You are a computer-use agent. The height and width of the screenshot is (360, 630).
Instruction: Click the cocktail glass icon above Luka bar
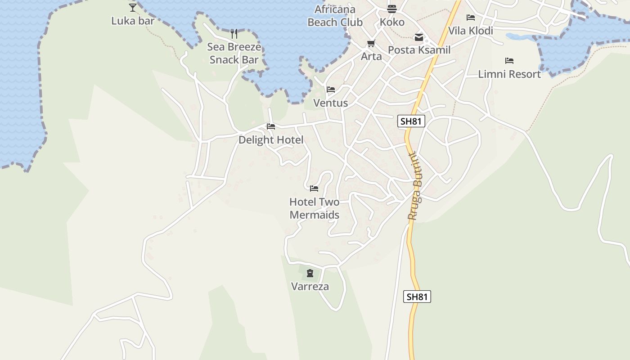pyautogui.click(x=133, y=7)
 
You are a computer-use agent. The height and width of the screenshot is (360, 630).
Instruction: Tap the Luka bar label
pyautogui.click(x=133, y=21)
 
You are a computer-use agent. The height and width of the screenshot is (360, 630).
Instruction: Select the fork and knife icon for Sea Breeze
pyautogui.click(x=234, y=34)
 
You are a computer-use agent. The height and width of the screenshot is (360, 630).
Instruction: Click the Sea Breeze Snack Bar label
pyautogui.click(x=234, y=53)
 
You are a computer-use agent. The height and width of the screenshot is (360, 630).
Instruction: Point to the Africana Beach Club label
pyautogui.click(x=335, y=16)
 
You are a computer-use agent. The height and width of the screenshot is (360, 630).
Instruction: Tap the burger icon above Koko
pyautogui.click(x=392, y=9)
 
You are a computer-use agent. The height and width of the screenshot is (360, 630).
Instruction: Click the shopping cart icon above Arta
pyautogui.click(x=371, y=44)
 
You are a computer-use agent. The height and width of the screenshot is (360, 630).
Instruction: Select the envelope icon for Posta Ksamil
pyautogui.click(x=419, y=37)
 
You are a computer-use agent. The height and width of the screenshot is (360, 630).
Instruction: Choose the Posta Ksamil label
pyautogui.click(x=419, y=50)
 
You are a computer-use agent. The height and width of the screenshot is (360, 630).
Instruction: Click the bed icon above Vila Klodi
pyautogui.click(x=471, y=18)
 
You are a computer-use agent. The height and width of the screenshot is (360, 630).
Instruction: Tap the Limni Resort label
pyautogui.click(x=509, y=74)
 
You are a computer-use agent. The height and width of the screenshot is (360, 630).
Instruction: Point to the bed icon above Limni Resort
pyautogui.click(x=509, y=61)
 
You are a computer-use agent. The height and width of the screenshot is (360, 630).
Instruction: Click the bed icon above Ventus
pyautogui.click(x=331, y=90)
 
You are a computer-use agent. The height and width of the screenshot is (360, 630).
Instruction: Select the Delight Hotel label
pyautogui.click(x=271, y=140)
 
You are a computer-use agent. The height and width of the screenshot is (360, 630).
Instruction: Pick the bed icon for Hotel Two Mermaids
pyautogui.click(x=314, y=189)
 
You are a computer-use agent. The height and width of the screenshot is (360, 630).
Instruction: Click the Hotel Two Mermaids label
pyautogui.click(x=314, y=208)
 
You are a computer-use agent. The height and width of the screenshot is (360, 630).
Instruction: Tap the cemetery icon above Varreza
pyautogui.click(x=310, y=273)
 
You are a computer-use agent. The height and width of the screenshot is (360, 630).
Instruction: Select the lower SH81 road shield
pyautogui.click(x=417, y=297)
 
